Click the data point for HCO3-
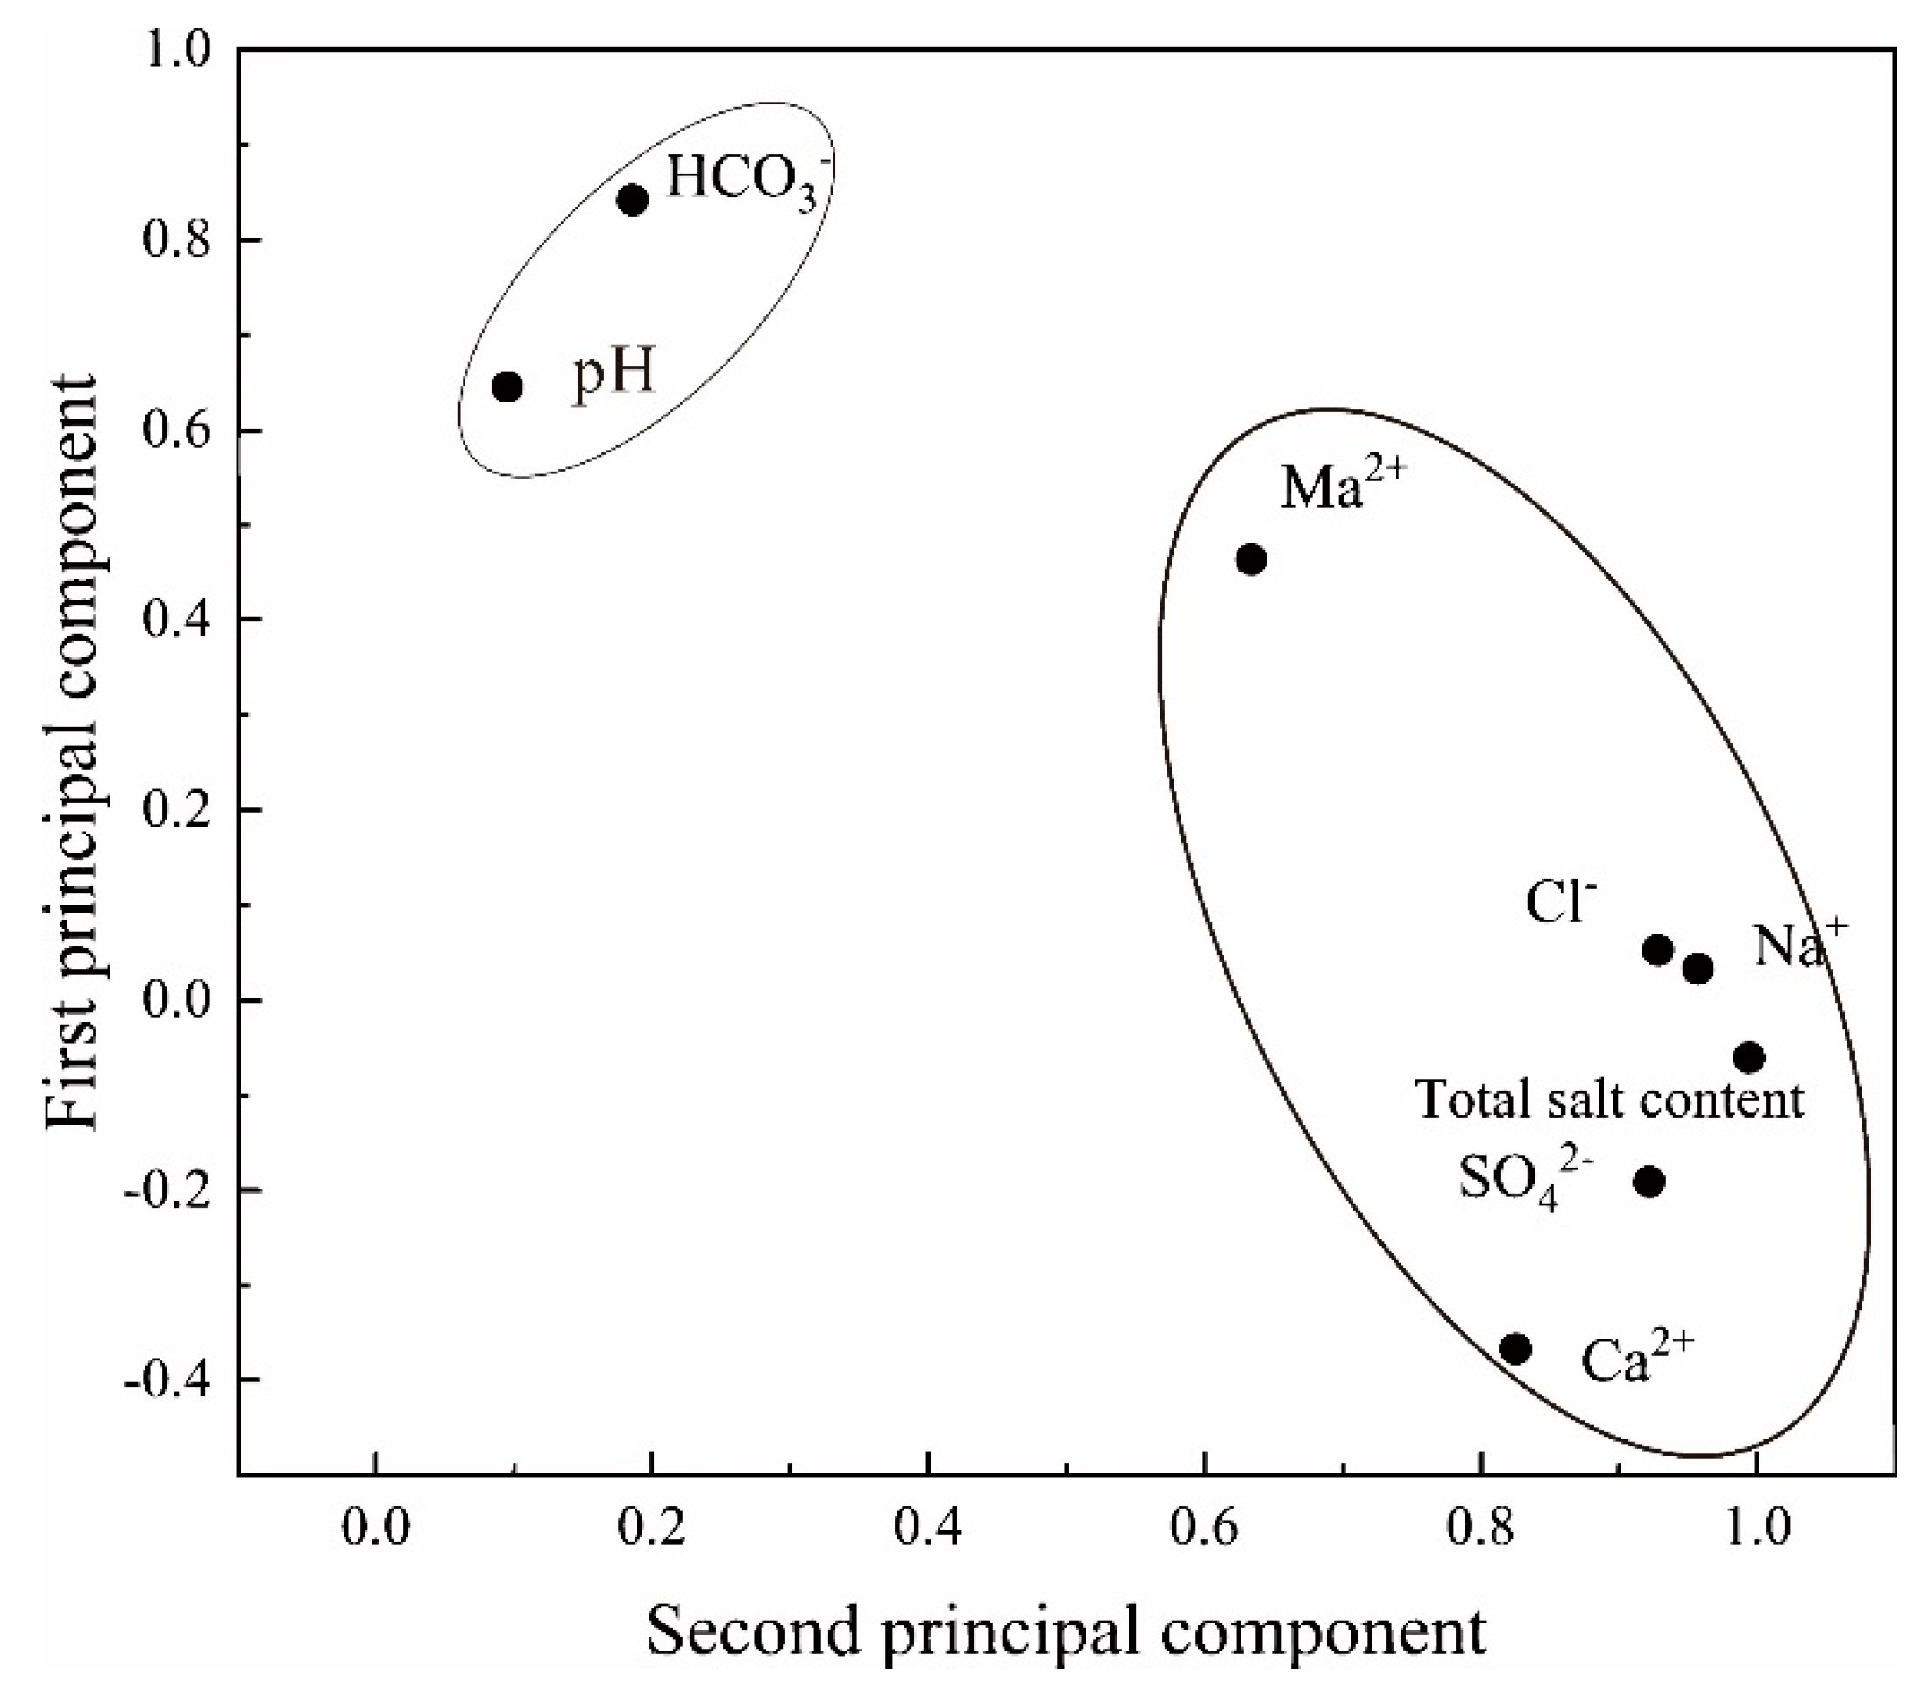[x=633, y=199]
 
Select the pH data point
[x=507, y=387]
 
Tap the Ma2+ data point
[x=1251, y=560]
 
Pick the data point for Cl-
[x=1658, y=950]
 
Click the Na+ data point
[x=1698, y=969]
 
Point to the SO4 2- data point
[x=1650, y=1182]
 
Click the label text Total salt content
[x=1610, y=1101]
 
